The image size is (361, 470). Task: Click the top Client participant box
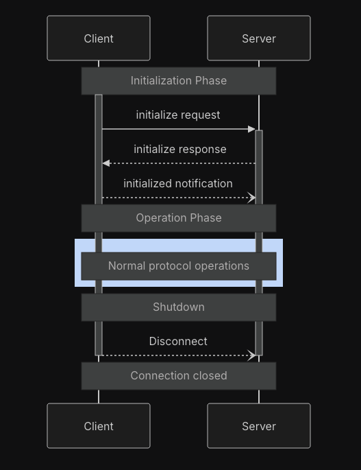point(99,38)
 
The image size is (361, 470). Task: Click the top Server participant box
point(259,38)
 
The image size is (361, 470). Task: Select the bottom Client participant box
point(99,425)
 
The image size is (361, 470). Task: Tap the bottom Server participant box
point(259,425)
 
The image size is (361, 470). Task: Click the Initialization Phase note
point(179,81)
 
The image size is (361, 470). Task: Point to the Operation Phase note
point(179,218)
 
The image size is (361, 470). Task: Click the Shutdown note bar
point(179,307)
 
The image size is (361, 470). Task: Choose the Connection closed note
point(179,376)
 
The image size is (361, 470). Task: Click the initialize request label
point(178,115)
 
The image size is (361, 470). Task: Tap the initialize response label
point(180,150)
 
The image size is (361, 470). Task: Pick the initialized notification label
point(178,183)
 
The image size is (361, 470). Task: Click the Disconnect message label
point(178,341)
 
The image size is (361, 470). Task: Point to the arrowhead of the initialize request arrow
point(252,129)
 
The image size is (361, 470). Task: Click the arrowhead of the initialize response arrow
point(106,163)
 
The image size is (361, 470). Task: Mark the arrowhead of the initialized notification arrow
point(252,198)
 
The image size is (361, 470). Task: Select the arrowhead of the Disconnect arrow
point(252,355)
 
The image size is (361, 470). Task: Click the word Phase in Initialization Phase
point(211,81)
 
